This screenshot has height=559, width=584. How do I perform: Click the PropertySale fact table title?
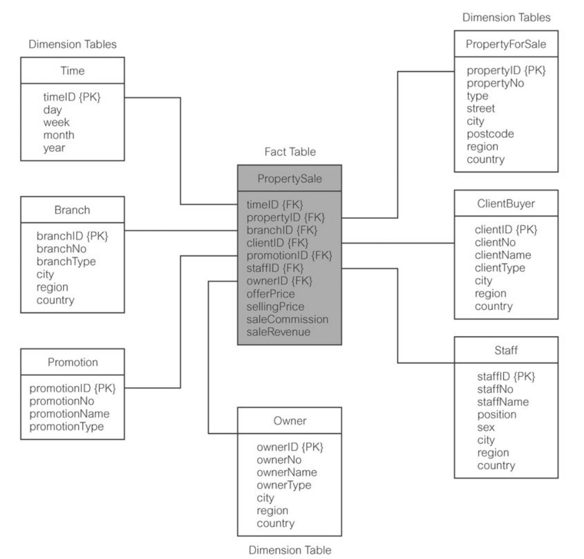coord(289,179)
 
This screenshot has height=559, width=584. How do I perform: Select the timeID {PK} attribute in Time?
coord(72,97)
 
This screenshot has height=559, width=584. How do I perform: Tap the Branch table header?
coord(72,210)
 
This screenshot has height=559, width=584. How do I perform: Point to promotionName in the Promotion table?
coord(69,414)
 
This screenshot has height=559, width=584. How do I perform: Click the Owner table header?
coord(289,421)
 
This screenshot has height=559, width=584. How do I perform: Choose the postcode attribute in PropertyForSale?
coord(490,134)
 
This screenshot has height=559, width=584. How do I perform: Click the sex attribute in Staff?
coord(486,427)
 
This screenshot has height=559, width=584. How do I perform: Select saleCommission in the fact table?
coord(287,319)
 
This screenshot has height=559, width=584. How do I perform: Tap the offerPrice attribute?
coord(271,294)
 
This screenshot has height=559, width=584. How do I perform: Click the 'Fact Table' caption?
coord(290,152)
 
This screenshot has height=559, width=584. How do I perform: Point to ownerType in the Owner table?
coord(283,485)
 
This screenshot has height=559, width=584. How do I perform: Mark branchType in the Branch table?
coord(66,262)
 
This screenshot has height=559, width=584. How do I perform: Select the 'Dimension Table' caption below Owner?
coord(289,550)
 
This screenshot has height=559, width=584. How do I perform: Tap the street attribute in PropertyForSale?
coord(481,108)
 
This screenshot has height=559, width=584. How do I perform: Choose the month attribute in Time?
coord(58,135)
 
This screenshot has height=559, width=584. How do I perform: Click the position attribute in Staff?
coord(496,415)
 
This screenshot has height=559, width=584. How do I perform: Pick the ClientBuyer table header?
coord(506,203)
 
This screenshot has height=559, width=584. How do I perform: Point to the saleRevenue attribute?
coord(278,332)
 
